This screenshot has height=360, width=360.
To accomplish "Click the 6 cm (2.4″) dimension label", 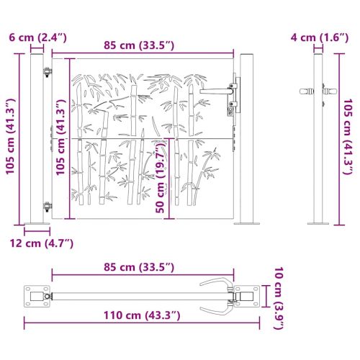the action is (37, 38).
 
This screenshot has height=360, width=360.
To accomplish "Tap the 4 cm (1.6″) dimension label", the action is (320, 38).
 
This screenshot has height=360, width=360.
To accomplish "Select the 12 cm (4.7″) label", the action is (42, 243).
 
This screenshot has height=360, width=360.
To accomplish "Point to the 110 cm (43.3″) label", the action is (142, 315).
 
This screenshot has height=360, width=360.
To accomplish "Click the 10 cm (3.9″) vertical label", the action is (279, 298).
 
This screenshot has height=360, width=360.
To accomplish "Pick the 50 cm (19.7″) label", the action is (161, 177).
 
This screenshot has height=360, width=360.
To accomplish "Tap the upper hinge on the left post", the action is (48, 72).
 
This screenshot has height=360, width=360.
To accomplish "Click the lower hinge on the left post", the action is (48, 207).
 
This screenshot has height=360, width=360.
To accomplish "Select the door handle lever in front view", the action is (215, 91).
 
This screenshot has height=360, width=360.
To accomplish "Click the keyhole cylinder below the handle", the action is (230, 112).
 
